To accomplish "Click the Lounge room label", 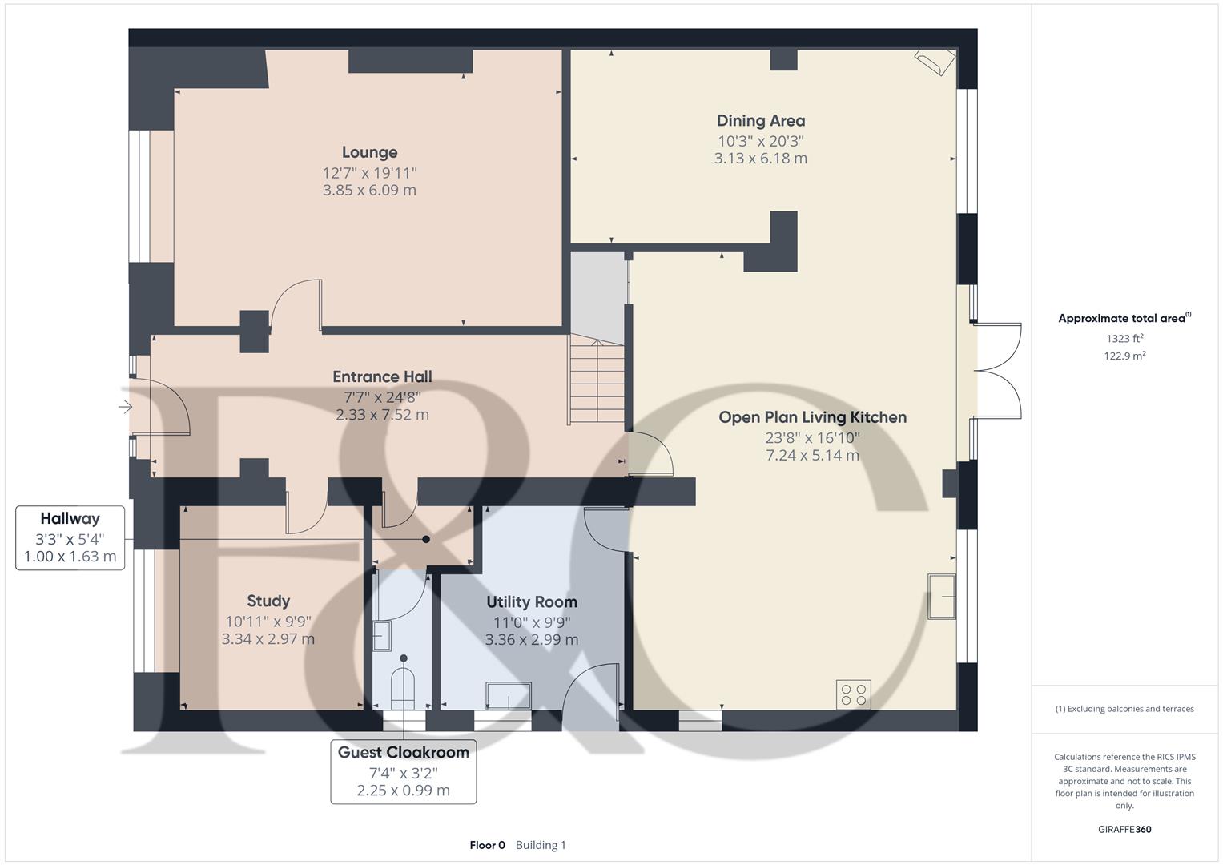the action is tap(370, 152).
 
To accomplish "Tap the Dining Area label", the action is tap(761, 121).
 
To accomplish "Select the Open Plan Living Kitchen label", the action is tap(812, 417).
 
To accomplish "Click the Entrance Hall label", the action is tap(382, 376).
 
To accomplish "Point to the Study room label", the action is tap(268, 601).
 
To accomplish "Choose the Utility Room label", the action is tap(532, 601).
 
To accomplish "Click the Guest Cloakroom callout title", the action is tap(404, 753).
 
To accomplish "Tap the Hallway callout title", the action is tap(70, 519).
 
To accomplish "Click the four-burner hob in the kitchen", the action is tap(853, 694).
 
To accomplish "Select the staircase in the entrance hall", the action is tap(596, 379).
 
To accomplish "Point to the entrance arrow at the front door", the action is tap(125, 407).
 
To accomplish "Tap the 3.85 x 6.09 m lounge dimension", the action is tap(370, 190).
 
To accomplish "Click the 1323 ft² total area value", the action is tap(1124, 339).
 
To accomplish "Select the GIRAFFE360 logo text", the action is tap(1124, 829).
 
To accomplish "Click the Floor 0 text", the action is tap(488, 845).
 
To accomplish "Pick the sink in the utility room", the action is tap(509, 695).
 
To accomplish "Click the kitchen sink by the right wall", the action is tap(942, 597).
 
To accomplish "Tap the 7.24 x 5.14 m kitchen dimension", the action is tap(812, 455).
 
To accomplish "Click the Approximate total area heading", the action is tap(1124, 318).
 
